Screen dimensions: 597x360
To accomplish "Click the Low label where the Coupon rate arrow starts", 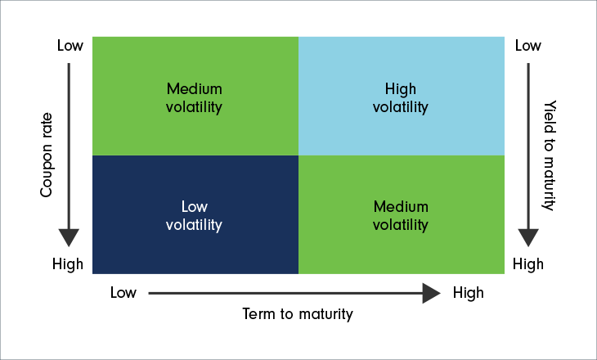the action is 70,45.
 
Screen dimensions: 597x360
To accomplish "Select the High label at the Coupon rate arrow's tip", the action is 68,263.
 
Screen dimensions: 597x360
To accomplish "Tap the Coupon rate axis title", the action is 46,155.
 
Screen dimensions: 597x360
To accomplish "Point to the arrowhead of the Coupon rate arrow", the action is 69,237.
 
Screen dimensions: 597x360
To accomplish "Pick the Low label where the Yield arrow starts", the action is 528,45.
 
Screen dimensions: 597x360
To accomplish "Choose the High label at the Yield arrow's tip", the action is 528,263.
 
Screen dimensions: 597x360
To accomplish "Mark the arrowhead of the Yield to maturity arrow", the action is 528,237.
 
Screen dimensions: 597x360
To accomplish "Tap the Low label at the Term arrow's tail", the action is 123,293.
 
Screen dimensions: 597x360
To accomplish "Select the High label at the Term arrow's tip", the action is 469,293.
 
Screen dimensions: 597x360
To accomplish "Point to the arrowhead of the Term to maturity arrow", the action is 431,294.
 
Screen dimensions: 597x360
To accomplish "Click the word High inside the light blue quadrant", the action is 401,88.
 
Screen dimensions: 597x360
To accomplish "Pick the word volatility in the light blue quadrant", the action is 401,107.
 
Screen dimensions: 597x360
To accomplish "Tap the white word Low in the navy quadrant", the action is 194,206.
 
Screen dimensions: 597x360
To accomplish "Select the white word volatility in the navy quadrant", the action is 194,225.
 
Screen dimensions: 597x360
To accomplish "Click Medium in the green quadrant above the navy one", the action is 194,88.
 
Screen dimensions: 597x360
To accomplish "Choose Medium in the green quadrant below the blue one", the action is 401,206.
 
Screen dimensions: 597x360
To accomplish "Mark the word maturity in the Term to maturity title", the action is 326,315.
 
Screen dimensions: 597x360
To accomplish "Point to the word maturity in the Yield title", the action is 549,183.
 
